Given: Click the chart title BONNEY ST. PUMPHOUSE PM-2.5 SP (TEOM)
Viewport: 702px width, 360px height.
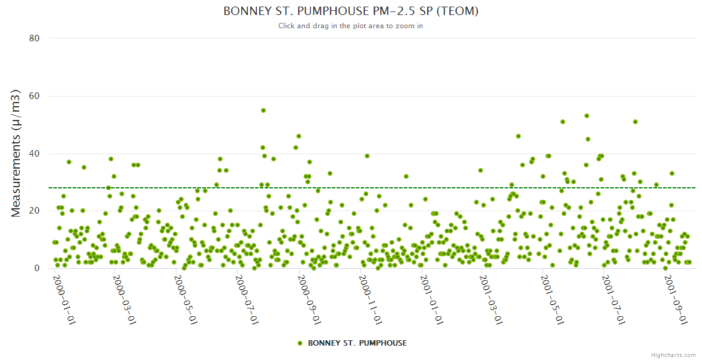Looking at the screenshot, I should point(351,11).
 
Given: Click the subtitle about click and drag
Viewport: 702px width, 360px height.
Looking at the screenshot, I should point(351,26).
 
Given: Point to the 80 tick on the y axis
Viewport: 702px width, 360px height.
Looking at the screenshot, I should point(34,38).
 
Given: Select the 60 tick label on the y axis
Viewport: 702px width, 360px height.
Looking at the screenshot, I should point(34,96).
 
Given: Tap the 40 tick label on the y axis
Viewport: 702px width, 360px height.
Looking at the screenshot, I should point(34,154).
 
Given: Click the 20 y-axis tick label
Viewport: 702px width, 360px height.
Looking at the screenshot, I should point(34,211).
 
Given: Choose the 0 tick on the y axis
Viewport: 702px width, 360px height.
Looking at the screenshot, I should point(37,268).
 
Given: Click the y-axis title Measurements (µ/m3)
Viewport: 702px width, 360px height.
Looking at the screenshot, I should point(16,153).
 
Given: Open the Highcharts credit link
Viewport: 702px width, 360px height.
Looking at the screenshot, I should point(673,355).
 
